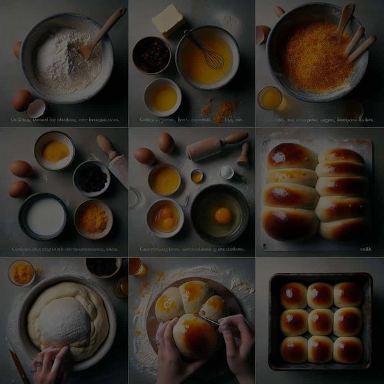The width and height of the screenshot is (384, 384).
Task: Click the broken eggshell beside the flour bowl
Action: click(x=36, y=108)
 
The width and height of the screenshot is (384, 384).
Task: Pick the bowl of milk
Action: click(x=44, y=216)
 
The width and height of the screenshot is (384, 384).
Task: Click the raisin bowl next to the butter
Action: click(x=151, y=55)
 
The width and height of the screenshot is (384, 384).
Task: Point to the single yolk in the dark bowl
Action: click(x=223, y=215)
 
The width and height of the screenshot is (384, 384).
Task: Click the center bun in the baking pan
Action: click(x=320, y=322)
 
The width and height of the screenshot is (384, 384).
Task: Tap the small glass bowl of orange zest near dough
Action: click(x=22, y=272)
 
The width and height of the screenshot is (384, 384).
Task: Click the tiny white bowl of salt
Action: click(x=227, y=172)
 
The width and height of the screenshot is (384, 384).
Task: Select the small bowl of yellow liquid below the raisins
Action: click(x=163, y=97)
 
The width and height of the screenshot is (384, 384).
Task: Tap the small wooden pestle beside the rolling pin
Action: click(x=244, y=154)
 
